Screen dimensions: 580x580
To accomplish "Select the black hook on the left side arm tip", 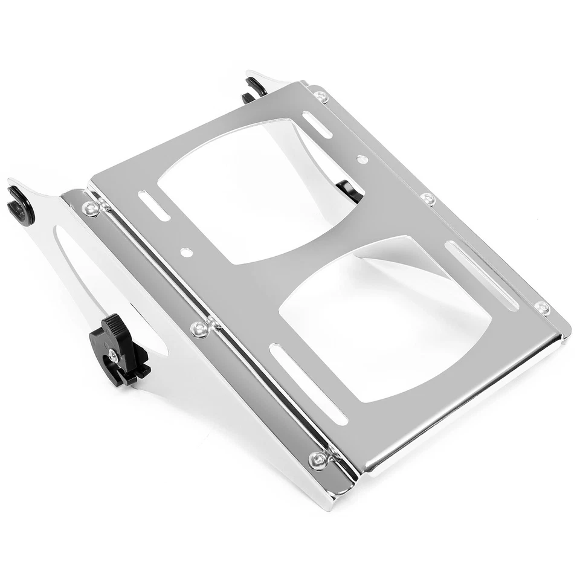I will click(20, 205).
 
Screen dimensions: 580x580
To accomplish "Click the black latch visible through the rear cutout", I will click(350, 188).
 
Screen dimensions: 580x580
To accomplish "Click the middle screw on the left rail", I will click(199, 329).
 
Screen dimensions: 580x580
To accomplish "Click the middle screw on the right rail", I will click(428, 199).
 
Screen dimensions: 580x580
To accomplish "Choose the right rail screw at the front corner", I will click(542, 308).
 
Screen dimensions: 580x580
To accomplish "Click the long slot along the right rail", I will click(482, 275).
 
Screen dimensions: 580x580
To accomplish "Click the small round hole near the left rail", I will click(187, 250).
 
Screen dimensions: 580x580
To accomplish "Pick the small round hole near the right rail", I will click(362, 159).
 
